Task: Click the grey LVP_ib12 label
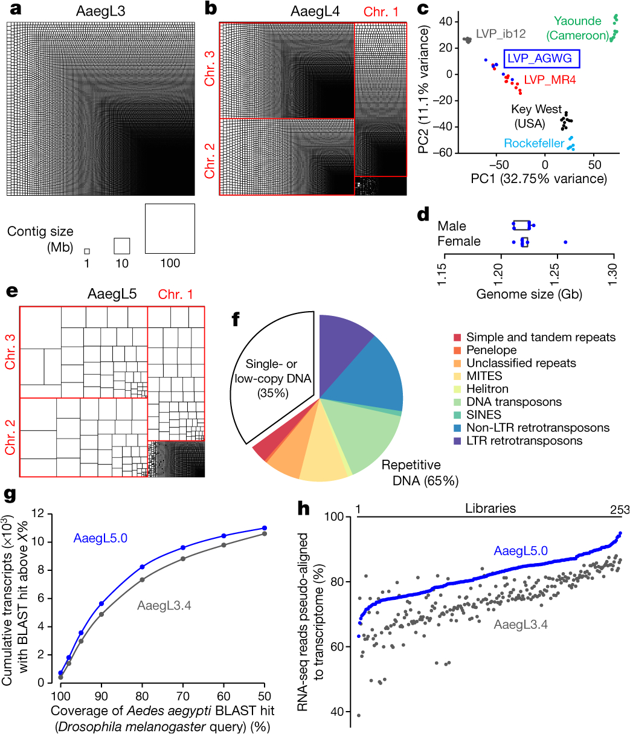tap(501, 34)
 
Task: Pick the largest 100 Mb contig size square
tap(170, 229)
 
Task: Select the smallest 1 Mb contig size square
tap(87, 251)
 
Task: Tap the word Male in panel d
tap(452, 226)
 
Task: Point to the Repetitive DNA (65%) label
tap(420, 473)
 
